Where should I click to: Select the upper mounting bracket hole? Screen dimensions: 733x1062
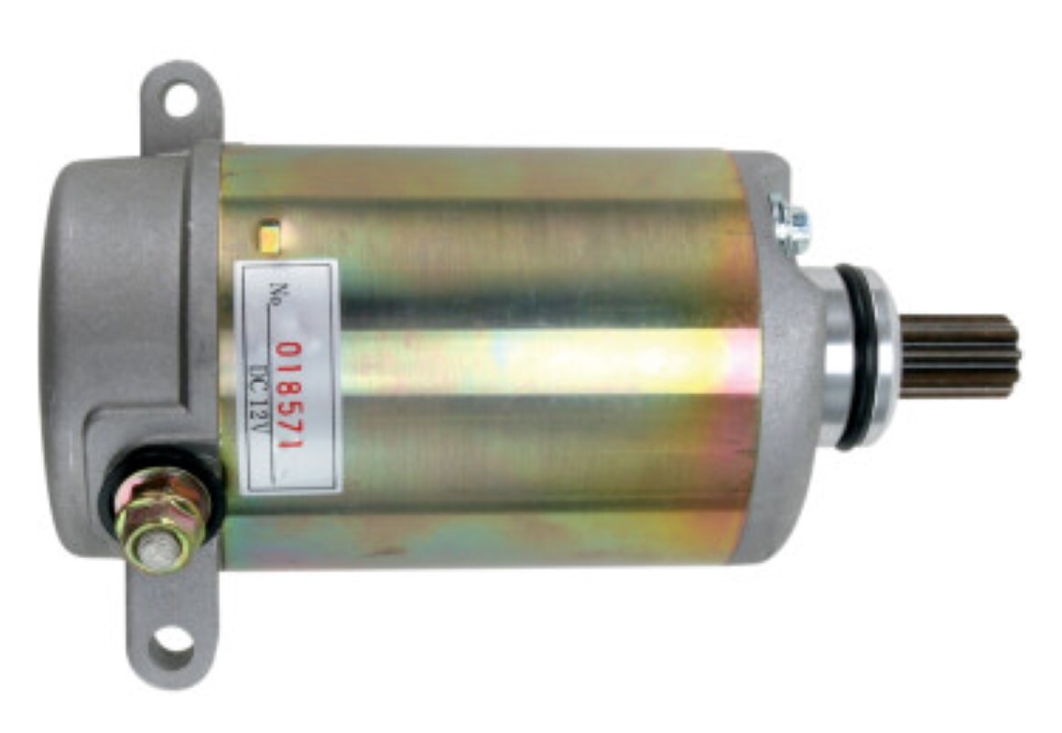(x=181, y=99)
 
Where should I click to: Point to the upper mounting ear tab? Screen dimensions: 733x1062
(x=181, y=101)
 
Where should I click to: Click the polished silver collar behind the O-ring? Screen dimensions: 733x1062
(x=838, y=357)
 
